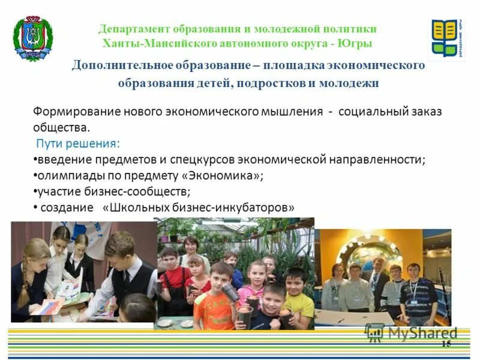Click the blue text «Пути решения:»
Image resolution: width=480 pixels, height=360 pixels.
coord(77,143)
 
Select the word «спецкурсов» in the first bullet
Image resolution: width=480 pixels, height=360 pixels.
coord(205,160)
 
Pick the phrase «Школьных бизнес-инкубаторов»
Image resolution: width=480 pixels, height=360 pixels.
coord(199,208)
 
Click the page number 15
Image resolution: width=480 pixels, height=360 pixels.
coord(446,343)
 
